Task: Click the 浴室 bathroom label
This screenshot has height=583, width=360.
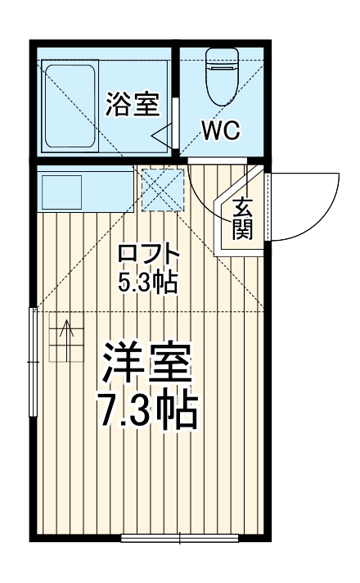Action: pos(131,105)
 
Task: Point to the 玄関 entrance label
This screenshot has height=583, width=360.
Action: pos(241,219)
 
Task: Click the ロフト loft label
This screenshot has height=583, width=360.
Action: pos(147,254)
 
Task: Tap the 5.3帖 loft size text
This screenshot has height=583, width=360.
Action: pos(147,282)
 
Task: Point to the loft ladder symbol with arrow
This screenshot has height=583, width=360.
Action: pos(65,338)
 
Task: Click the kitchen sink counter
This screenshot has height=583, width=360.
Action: pos(84,192)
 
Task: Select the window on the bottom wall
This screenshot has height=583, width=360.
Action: pos(179,538)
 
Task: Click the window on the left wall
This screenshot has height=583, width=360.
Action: pos(34,360)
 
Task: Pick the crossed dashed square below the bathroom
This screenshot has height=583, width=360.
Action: pos(162,189)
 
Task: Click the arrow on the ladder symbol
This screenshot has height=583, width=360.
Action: pos(65,332)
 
